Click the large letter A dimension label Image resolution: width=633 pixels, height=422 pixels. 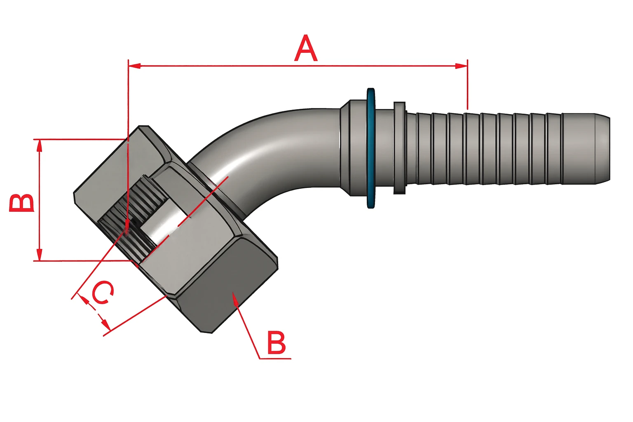306,49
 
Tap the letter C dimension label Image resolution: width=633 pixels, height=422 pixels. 102,293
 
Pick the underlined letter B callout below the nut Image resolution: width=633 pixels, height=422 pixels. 277,343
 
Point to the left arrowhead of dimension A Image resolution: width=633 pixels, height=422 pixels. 134,66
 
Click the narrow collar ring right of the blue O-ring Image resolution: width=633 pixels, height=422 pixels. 399,148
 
